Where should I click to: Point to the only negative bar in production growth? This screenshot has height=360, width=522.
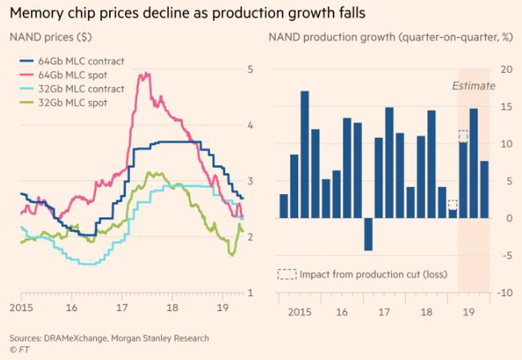click(368, 233)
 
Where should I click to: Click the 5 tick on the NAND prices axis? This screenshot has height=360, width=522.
click(251, 69)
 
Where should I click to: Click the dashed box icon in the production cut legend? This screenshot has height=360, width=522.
click(286, 274)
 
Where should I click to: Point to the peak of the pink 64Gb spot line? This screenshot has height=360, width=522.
click(145, 75)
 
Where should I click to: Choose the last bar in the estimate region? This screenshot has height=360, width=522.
click(484, 189)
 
